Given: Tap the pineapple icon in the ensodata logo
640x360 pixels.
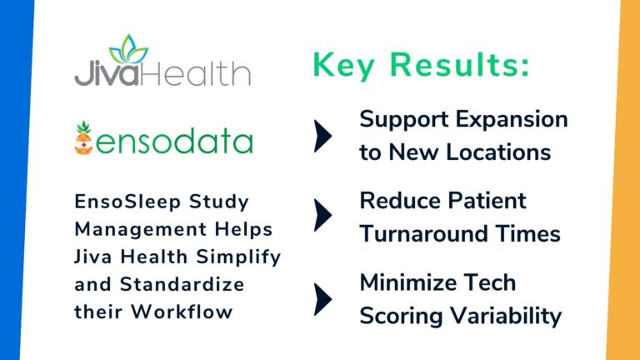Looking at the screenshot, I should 85,139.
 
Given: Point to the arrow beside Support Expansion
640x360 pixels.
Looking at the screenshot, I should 322,136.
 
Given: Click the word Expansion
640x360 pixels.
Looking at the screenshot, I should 512,119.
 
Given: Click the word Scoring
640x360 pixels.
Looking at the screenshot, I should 399,317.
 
